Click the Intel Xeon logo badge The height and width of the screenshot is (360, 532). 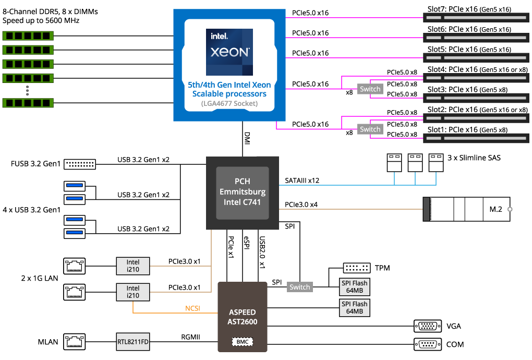(x=229, y=52)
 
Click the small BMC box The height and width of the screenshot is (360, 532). (x=243, y=342)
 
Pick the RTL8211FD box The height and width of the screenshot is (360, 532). (x=132, y=343)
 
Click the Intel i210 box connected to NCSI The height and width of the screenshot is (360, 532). (x=132, y=292)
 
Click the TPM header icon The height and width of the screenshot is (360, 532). (x=357, y=268)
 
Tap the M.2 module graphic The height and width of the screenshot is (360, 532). (x=467, y=209)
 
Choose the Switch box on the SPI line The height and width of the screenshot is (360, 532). (x=299, y=287)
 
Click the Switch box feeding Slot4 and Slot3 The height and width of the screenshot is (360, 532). (x=370, y=89)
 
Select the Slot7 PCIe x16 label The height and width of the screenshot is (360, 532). (x=469, y=9)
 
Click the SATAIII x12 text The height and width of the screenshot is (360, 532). (x=302, y=181)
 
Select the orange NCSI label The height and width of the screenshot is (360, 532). (x=193, y=308)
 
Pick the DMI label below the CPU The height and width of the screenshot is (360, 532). (x=247, y=139)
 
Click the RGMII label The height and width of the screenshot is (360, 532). (x=191, y=337)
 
